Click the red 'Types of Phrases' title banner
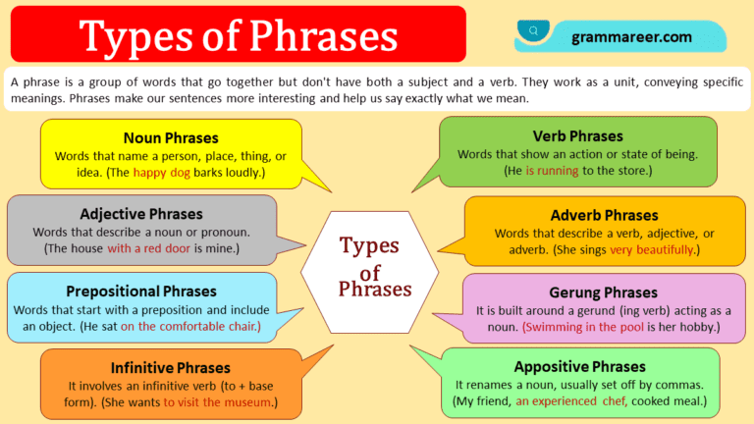[239, 35]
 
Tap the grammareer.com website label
[631, 37]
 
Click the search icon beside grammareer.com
[534, 31]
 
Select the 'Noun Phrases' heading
[171, 137]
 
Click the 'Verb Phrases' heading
[577, 135]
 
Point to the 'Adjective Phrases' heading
[141, 213]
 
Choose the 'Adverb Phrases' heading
[604, 214]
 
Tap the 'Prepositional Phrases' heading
[141, 291]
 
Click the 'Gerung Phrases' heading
[603, 292]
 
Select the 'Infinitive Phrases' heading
[171, 368]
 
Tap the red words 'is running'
[557, 171]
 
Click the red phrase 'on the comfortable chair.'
[191, 326]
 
